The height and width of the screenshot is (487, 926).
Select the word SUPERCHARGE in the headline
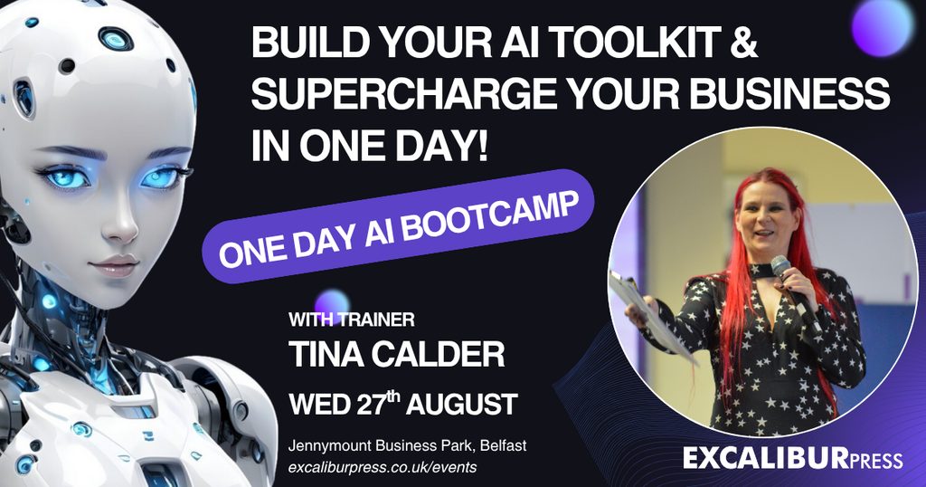pyautogui.click(x=403, y=94)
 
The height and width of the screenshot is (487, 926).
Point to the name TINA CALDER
pyautogui.click(x=396, y=355)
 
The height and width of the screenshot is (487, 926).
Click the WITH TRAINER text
pyautogui.click(x=352, y=320)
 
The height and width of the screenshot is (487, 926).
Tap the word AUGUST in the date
pyautogui.click(x=462, y=405)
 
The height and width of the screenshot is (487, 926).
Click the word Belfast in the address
pyautogui.click(x=503, y=445)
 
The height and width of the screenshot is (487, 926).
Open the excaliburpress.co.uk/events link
pyautogui.click(x=383, y=467)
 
